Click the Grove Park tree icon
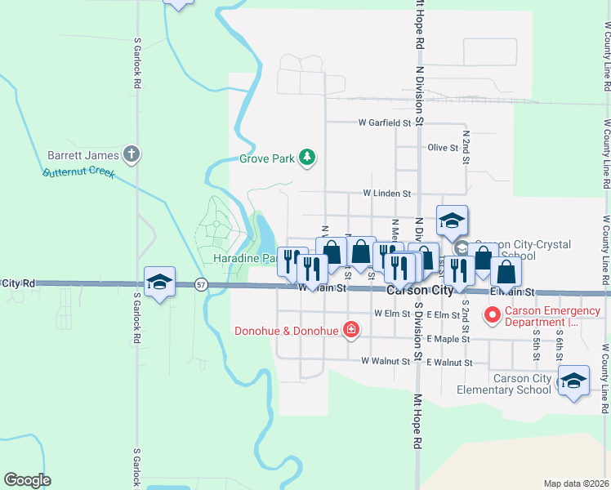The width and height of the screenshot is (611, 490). (x=306, y=158)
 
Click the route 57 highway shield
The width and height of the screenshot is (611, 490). (x=201, y=284)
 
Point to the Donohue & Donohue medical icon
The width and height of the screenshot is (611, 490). (x=350, y=330)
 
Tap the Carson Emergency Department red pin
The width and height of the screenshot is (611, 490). (x=492, y=314)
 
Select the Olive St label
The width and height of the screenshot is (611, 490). (x=443, y=148)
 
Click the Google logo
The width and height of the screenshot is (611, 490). (x=27, y=480)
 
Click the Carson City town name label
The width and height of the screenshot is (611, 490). (x=420, y=292)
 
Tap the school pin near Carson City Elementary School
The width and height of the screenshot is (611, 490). (x=573, y=381)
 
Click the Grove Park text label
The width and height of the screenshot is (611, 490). (x=266, y=159)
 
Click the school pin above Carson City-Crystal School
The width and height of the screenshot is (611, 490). (x=452, y=220)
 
